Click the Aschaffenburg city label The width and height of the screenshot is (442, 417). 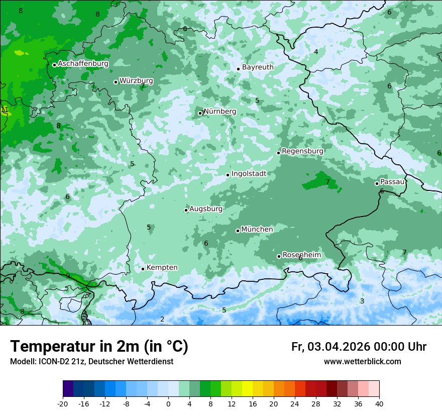coord(83,64)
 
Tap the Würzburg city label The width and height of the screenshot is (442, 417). coord(136,81)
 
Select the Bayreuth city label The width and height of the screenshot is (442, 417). coord(258,67)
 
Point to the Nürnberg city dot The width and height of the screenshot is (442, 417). coord(200,113)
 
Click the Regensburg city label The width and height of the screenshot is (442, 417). coord(302,151)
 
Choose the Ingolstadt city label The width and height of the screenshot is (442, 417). coord(249,174)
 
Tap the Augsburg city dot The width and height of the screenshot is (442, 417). coord(186,210)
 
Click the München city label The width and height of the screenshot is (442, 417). coord(257,230)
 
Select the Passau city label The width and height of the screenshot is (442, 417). coord(392,182)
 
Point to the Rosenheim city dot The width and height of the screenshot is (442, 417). coord(279,256)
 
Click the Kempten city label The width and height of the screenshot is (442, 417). coord(162,268)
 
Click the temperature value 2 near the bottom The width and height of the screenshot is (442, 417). coord(162,319)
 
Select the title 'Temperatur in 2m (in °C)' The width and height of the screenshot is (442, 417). coord(99,346)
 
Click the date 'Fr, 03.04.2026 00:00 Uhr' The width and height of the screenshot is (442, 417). coord(359,347)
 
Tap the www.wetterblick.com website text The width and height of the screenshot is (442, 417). coord(362,362)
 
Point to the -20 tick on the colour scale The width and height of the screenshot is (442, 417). coord(63,404)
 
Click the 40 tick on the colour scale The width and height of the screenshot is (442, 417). coord(379,404)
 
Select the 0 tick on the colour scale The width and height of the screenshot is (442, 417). coord(168,404)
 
